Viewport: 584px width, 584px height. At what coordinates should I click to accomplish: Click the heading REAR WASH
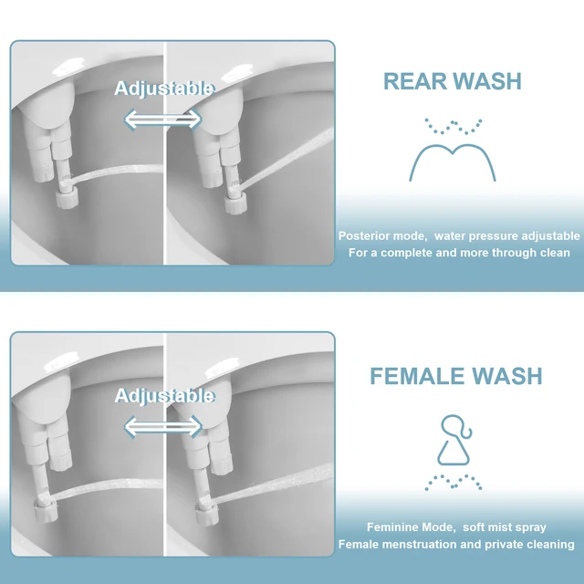pyautogui.click(x=453, y=81)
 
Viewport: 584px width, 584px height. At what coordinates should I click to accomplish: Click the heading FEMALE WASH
pyautogui.click(x=456, y=376)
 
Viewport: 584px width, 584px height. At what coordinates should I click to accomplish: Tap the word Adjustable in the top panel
pyautogui.click(x=164, y=89)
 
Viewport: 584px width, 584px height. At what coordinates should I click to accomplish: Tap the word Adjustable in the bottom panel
pyautogui.click(x=164, y=395)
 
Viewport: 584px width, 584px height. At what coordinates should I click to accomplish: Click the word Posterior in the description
pyautogui.click(x=364, y=235)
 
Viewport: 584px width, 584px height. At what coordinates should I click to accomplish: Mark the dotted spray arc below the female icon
pyautogui.click(x=454, y=481)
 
